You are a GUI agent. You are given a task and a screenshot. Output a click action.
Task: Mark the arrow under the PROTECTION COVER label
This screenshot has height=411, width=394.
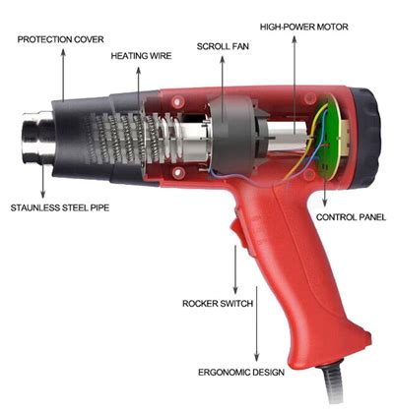tap(64, 74)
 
